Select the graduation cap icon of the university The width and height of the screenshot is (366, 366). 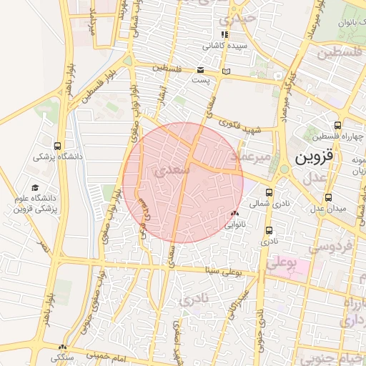tap(35, 187)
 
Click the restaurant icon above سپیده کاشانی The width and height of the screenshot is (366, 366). tap(225, 34)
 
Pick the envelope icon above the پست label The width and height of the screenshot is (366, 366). tap(200, 70)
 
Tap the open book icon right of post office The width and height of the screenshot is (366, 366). tap(227, 71)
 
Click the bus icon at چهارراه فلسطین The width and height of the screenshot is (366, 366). tap(337, 125)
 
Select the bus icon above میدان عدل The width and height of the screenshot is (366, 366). tap(328, 197)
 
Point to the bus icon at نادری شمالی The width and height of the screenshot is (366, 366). tap(269, 192)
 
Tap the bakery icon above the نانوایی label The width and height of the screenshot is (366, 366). tap(234, 214)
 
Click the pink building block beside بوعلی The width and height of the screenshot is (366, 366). tap(299, 269)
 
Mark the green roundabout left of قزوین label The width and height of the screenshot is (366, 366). tap(284, 169)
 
